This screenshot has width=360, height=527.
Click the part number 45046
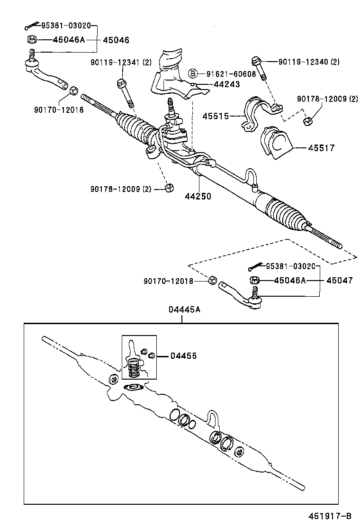pos(116,40)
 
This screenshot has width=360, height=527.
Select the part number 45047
pos(339,281)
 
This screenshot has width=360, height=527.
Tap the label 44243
pos(226,84)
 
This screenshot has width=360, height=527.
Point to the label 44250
pos(198,196)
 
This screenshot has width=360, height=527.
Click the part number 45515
pos(216,116)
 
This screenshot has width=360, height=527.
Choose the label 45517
pos(322,148)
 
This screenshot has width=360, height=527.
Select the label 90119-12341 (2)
pos(121,63)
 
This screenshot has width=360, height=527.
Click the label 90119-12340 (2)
pos(308,62)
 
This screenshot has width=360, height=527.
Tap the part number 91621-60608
pos(231,73)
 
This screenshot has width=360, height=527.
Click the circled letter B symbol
pos(193,73)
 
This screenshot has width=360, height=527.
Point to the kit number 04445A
pos(184,309)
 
